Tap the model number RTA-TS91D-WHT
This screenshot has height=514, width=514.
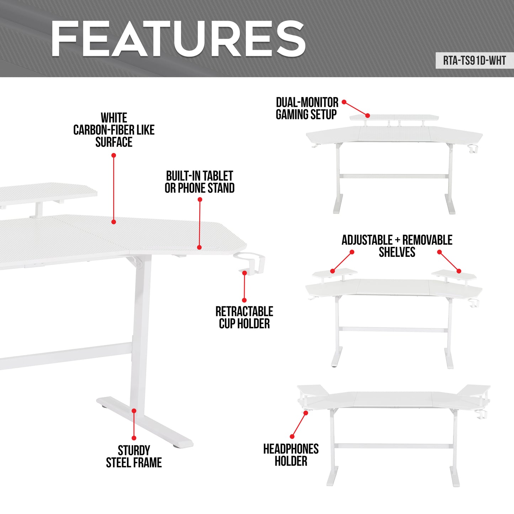(x=474, y=61)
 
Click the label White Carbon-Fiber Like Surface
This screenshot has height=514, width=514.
(x=114, y=130)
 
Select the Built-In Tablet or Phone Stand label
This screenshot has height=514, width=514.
(x=200, y=182)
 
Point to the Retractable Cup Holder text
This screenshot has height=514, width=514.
(x=244, y=317)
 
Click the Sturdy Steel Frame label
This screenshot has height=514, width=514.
(x=134, y=456)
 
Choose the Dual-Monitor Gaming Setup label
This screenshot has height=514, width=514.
(x=307, y=108)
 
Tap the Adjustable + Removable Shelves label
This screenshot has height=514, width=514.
(x=397, y=246)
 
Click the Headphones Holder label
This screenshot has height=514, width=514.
(x=291, y=455)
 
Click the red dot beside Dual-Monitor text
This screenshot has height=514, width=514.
(x=344, y=102)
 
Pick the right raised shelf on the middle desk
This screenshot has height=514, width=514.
(x=454, y=275)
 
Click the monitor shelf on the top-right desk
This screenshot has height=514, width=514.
(x=394, y=117)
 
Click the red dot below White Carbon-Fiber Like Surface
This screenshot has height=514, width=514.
(x=114, y=155)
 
